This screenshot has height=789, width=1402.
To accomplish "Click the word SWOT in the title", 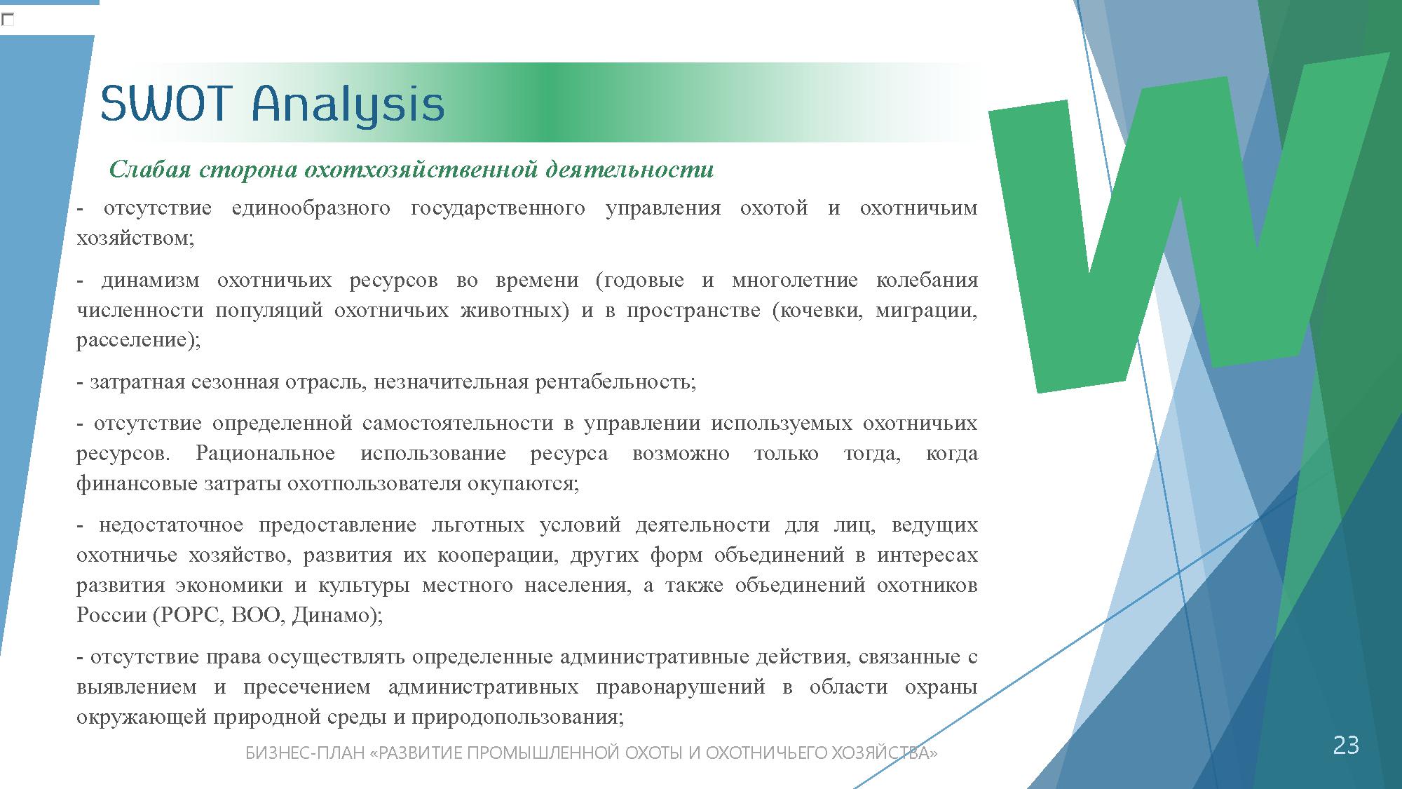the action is [x=165, y=104].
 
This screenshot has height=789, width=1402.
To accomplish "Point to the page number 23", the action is [x=1345, y=745].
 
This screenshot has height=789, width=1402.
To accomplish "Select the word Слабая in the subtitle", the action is [x=149, y=169].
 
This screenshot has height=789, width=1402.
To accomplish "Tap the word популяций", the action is [x=268, y=311].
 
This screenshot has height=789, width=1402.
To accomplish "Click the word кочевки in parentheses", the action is [x=817, y=311].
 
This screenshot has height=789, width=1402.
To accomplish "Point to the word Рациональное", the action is [x=265, y=454].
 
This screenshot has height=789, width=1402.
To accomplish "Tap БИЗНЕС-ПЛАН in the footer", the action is [x=305, y=753].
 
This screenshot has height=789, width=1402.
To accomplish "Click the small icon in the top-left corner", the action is [x=7, y=20].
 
